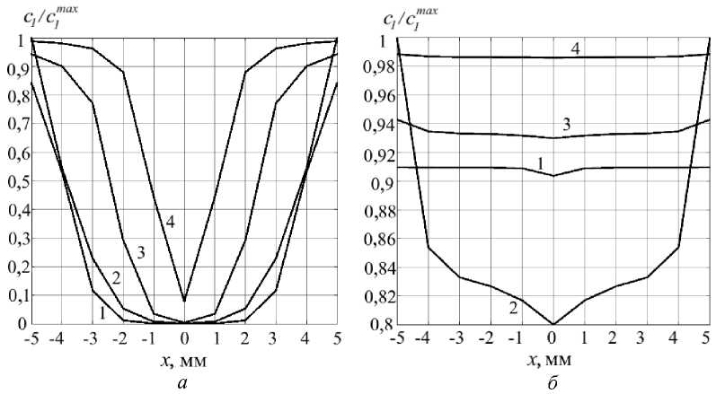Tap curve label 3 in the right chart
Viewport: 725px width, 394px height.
pos(567,124)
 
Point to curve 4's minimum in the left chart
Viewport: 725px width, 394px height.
pos(185,301)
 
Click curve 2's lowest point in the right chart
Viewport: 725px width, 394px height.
pos(553,323)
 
